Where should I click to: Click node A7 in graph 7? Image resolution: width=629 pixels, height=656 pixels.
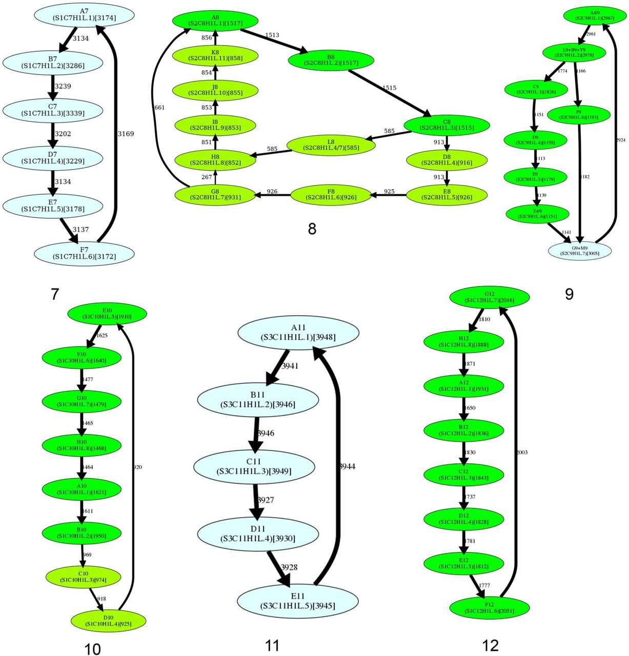(84, 14)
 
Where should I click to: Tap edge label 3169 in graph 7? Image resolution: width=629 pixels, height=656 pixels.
(126, 134)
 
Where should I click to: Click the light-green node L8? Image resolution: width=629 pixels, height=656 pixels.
(331, 145)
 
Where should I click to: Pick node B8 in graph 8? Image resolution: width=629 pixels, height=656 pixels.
(331, 59)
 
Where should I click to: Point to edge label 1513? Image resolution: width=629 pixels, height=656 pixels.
(272, 35)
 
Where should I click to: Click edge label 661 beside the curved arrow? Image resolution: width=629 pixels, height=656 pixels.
(159, 108)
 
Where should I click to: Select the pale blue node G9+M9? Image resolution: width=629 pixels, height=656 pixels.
(580, 250)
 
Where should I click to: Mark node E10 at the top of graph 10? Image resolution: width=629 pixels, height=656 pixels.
(107, 313)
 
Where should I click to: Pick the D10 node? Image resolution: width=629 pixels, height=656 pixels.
(109, 620)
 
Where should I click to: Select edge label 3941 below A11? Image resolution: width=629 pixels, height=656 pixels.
(289, 366)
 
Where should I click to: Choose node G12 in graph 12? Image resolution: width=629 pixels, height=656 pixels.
(489, 297)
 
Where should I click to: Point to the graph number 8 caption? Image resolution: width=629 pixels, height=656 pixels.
(312, 229)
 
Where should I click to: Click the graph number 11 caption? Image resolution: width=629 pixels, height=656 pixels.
(272, 645)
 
